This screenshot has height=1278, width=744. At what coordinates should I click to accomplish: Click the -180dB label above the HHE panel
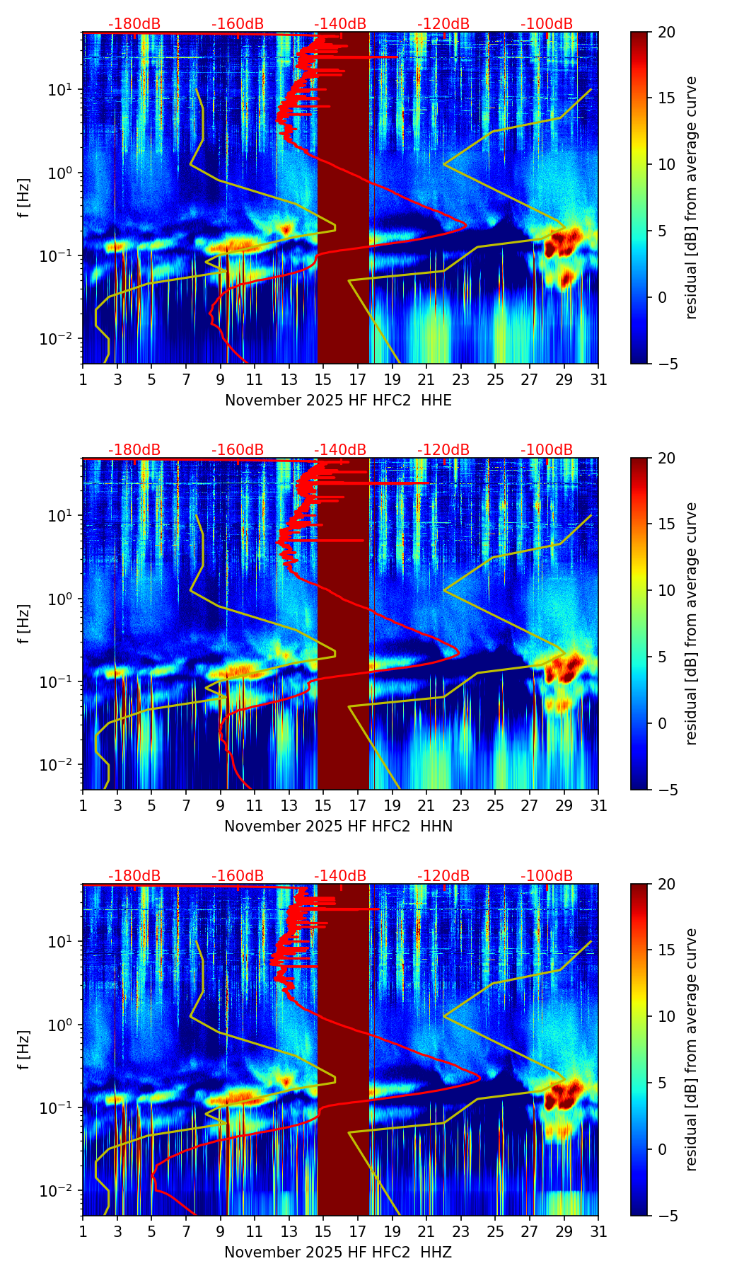pyautogui.click(x=134, y=24)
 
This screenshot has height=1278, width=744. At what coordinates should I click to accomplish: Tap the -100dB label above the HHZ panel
pyautogui.click(x=547, y=876)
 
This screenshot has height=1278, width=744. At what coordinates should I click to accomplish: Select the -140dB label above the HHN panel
pyautogui.click(x=340, y=450)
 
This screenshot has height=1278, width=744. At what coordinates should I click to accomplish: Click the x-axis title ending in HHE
pyautogui.click(x=338, y=401)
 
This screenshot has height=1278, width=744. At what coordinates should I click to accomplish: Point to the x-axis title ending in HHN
pyautogui.click(x=338, y=827)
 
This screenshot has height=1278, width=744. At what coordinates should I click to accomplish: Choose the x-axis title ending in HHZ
pyautogui.click(x=338, y=1253)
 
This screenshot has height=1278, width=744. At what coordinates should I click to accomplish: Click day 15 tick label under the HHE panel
pyautogui.click(x=323, y=380)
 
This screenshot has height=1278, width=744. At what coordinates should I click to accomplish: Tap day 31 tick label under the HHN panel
pyautogui.click(x=598, y=806)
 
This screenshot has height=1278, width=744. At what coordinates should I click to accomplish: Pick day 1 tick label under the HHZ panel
pyautogui.click(x=83, y=1232)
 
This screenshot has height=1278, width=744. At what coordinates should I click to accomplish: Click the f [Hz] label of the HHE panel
pyautogui.click(x=24, y=198)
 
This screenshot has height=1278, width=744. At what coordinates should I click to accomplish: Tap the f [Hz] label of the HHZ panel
pyautogui.click(x=24, y=1050)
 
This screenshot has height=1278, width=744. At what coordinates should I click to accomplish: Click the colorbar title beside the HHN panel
pyautogui.click(x=692, y=623)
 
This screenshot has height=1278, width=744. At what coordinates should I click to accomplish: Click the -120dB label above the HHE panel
pyautogui.click(x=443, y=24)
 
